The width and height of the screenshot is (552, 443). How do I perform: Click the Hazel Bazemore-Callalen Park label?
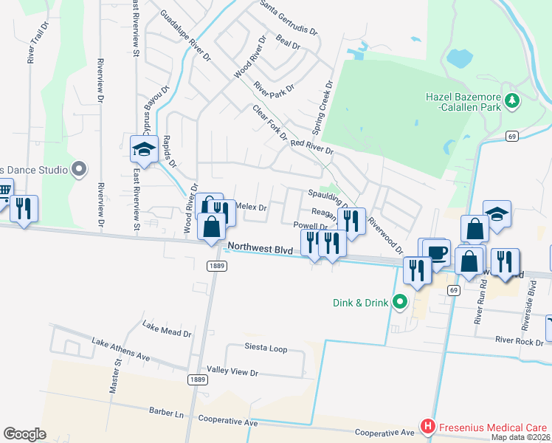(x=463, y=103)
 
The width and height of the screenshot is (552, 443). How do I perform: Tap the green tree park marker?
(x=511, y=101)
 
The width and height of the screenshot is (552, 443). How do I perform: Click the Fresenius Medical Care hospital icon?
(x=427, y=427)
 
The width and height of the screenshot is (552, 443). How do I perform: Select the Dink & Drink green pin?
(x=400, y=301)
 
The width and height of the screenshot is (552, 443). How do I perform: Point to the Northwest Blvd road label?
(x=261, y=249)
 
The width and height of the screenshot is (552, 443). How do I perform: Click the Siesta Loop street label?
(x=266, y=348)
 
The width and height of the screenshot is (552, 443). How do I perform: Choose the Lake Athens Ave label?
(x=120, y=349)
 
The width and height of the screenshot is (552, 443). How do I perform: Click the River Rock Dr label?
(x=520, y=340)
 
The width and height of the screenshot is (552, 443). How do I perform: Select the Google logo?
(x=24, y=434)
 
